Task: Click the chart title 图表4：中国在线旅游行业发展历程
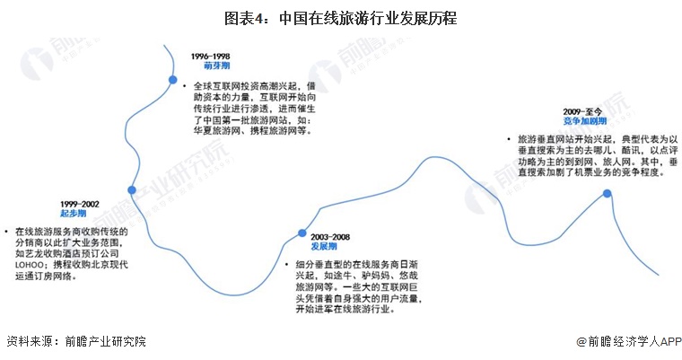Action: [x=341, y=18]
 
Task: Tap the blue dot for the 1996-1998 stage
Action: [x=172, y=80]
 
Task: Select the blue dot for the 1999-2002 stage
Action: [x=132, y=189]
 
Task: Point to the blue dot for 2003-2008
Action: [x=302, y=233]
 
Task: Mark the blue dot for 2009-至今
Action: [x=607, y=193]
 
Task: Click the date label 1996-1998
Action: [x=210, y=57]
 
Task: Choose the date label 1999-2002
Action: [x=80, y=204]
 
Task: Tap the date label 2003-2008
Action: [x=330, y=237]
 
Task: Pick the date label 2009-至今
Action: [x=582, y=112]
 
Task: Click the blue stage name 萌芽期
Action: [x=216, y=66]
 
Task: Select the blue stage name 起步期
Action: [x=73, y=214]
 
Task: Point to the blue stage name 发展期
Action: [x=324, y=246]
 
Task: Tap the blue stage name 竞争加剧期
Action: [x=585, y=121]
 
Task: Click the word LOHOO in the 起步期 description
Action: [x=30, y=265]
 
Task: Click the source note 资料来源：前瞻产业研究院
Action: [x=76, y=341]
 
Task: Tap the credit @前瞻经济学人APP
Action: [x=628, y=342]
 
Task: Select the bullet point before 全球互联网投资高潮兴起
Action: [x=185, y=86]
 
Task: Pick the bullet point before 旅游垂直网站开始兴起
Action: [x=509, y=139]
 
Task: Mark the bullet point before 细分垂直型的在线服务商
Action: [x=286, y=264]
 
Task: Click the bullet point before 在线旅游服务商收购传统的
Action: [x=6, y=231]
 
